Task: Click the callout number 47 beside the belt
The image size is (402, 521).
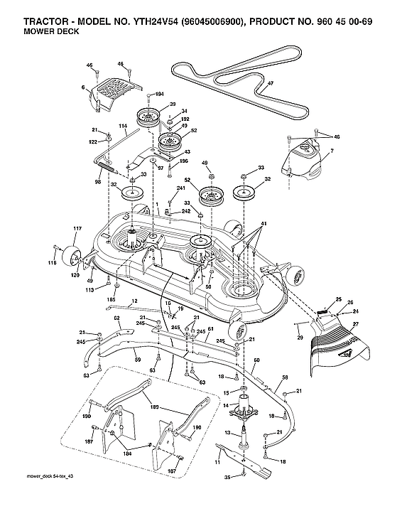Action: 270,83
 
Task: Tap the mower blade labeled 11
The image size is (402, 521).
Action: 246,465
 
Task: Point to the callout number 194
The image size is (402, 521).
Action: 159,94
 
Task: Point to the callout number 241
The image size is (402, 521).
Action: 180,188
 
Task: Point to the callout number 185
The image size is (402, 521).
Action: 110,300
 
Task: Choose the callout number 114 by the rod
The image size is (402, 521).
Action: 123,127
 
